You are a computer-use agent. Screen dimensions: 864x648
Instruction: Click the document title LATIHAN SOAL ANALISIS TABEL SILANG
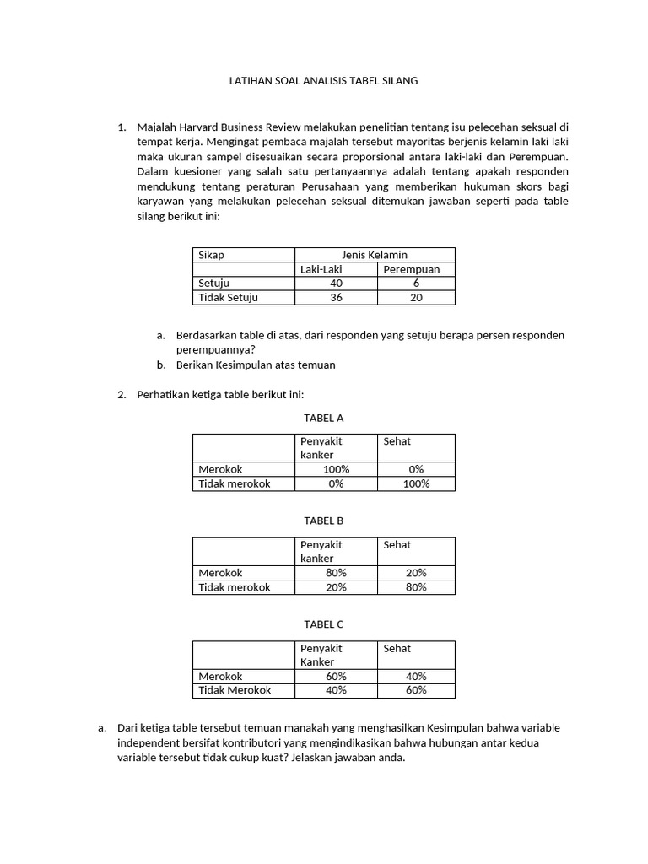[x=324, y=81]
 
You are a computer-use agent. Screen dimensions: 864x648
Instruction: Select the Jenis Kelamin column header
[x=374, y=255]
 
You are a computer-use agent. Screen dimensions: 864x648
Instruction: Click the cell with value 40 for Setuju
[x=336, y=283]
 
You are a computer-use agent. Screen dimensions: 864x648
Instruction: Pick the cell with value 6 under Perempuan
[x=416, y=283]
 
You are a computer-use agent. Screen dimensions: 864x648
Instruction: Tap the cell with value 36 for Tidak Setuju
[x=336, y=298]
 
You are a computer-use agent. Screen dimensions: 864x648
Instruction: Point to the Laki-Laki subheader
[x=327, y=269]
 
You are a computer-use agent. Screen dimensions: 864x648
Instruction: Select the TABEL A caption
[x=324, y=418]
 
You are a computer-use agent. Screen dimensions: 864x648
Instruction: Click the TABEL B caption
[x=324, y=521]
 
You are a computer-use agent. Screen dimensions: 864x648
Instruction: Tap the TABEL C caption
[x=324, y=624]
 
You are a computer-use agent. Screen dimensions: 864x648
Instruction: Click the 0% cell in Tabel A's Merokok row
[x=416, y=469]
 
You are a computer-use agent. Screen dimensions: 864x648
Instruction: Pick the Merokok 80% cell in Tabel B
[x=336, y=573]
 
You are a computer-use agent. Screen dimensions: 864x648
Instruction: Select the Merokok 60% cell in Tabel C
[x=336, y=677]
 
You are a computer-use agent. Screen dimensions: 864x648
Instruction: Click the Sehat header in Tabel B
[x=397, y=545]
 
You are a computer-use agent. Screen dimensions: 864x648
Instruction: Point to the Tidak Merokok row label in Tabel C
[x=235, y=690]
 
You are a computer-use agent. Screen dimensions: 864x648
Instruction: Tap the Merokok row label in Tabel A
[x=220, y=469]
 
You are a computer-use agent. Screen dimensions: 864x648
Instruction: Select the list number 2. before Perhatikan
[x=121, y=394]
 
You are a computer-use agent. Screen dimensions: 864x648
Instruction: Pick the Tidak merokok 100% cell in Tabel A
[x=416, y=483]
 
